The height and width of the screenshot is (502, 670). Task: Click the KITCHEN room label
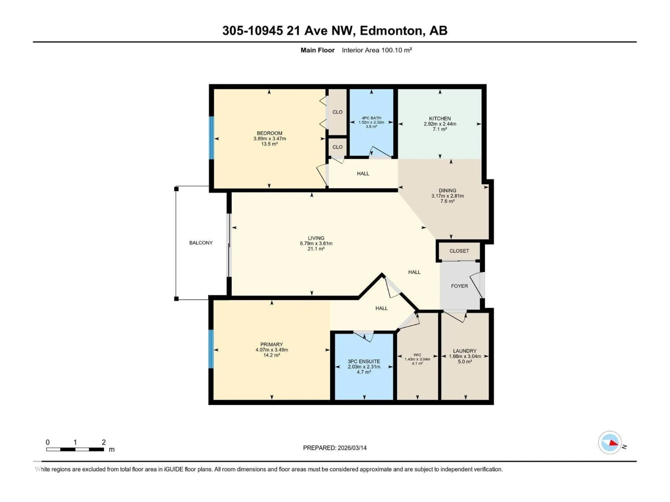[x=440, y=118]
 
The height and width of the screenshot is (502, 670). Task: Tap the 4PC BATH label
[x=371, y=118]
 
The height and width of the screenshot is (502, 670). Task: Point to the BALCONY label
[x=201, y=243]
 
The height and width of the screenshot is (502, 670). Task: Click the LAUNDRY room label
[x=465, y=351]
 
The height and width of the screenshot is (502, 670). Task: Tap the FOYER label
[x=459, y=286]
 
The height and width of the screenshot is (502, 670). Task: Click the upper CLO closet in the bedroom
[x=337, y=112]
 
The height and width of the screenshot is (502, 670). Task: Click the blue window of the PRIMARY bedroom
[x=211, y=349]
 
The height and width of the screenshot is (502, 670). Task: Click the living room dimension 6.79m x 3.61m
[x=316, y=243]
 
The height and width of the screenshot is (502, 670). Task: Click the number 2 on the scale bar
[x=104, y=442]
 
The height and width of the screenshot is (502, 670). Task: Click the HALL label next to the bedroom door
[x=363, y=173]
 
